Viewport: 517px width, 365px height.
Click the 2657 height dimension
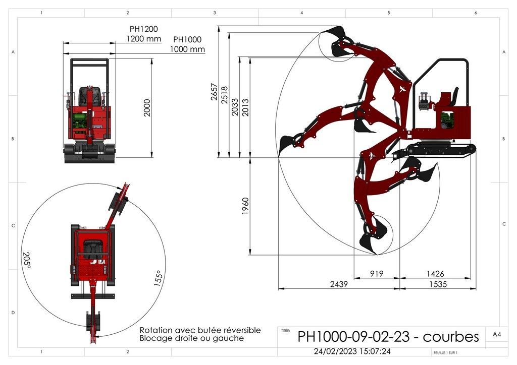214,92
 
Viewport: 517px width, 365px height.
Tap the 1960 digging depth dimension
245,206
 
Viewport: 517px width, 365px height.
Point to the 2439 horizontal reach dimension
339,284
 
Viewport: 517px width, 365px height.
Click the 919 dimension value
377,274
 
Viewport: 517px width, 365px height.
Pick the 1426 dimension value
435,274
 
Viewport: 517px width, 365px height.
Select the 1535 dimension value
438,284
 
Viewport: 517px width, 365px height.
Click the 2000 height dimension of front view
147,108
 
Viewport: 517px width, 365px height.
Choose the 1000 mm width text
187,49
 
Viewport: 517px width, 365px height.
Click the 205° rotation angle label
26,260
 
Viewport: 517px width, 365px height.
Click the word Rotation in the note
158,330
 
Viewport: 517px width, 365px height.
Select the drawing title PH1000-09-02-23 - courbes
388,336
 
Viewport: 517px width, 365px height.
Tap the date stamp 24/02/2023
335,351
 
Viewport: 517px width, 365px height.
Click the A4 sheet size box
496,334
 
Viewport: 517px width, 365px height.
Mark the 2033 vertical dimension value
235,107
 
